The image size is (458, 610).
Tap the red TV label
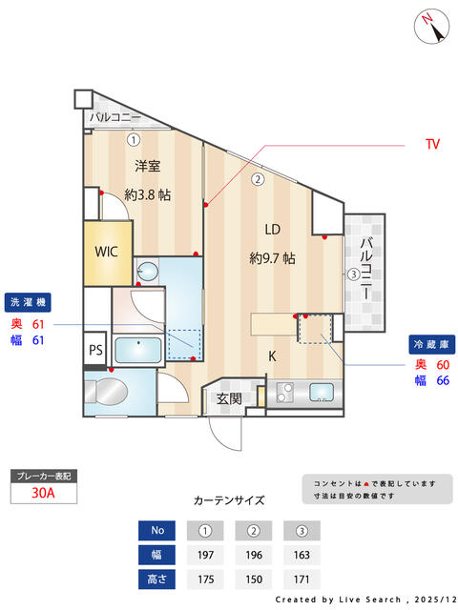pyautogui.click(x=432, y=145)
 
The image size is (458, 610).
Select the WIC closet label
pyautogui.click(x=106, y=253)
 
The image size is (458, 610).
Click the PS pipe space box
pyautogui.click(x=95, y=349)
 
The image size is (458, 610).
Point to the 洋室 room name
pyautogui.click(x=146, y=166)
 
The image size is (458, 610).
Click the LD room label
pyautogui.click(x=272, y=229)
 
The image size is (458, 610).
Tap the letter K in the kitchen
pyautogui.click(x=271, y=356)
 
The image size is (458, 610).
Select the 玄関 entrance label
pyautogui.click(x=228, y=398)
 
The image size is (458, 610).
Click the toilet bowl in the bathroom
pyautogui.click(x=109, y=392)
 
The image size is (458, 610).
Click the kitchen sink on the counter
pyautogui.click(x=321, y=391)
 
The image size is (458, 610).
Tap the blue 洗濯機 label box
pyautogui.click(x=29, y=302)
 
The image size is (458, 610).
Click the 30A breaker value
pyautogui.click(x=42, y=493)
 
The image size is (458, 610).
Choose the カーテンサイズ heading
pyautogui.click(x=228, y=499)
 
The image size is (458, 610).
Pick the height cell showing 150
pyautogui.click(x=253, y=579)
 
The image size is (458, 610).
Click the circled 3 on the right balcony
pyautogui.click(x=353, y=274)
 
